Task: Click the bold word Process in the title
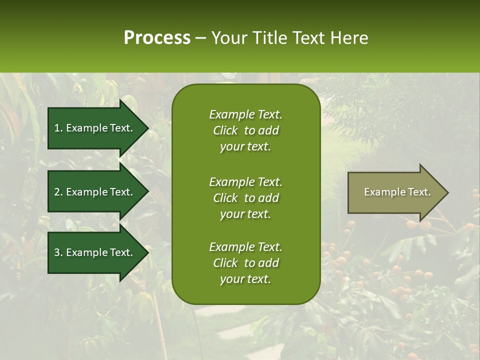pyautogui.click(x=157, y=38)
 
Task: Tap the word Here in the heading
pyautogui.click(x=348, y=38)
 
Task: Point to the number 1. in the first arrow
pyautogui.click(x=58, y=128)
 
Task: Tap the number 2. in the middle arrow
pyautogui.click(x=58, y=192)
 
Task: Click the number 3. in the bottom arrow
pyautogui.click(x=58, y=252)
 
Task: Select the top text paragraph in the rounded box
pyautogui.click(x=245, y=130)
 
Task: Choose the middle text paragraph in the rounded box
pyautogui.click(x=245, y=198)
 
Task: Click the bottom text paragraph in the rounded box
pyautogui.click(x=245, y=263)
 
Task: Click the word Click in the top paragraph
pyautogui.click(x=225, y=130)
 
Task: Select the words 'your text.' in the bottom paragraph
pyautogui.click(x=245, y=279)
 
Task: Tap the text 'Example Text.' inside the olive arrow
pyautogui.click(x=397, y=192)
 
